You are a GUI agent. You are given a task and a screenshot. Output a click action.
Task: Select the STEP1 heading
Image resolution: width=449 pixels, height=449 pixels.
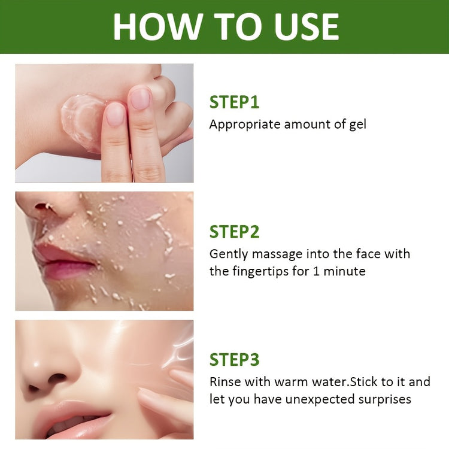pyautogui.click(x=234, y=102)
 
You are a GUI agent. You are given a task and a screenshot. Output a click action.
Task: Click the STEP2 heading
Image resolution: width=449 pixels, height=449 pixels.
pyautogui.click(x=234, y=232)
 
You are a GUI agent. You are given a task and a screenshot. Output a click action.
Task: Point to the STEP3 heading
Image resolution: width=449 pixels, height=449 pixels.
pyautogui.click(x=234, y=360)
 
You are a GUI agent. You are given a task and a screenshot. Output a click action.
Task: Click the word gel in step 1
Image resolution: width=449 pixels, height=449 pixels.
pyautogui.click(x=357, y=125)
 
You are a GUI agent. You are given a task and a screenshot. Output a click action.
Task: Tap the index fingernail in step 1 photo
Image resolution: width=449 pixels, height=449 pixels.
pyautogui.click(x=115, y=114)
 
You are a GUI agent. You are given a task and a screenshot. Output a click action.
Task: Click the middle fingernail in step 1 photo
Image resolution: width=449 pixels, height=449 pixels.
pyautogui.click(x=140, y=98)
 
